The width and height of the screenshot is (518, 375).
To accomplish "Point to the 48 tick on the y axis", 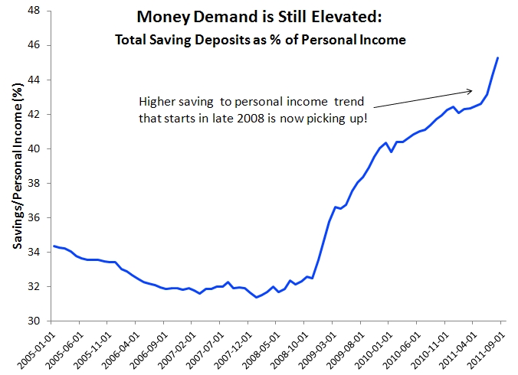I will pos(35,11).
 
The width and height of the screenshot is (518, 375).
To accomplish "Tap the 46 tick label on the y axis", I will pos(35,46).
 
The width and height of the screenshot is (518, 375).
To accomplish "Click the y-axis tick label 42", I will pos(35,115).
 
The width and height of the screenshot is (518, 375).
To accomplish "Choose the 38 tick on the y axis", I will pos(35,184).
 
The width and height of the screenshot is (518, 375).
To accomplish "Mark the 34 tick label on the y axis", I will pos(35,253).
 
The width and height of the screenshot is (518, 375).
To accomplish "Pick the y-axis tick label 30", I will pos(35,321).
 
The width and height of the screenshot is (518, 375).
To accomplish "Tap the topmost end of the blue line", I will pos(498,57).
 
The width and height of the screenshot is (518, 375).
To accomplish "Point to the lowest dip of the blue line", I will pos(256,297).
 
